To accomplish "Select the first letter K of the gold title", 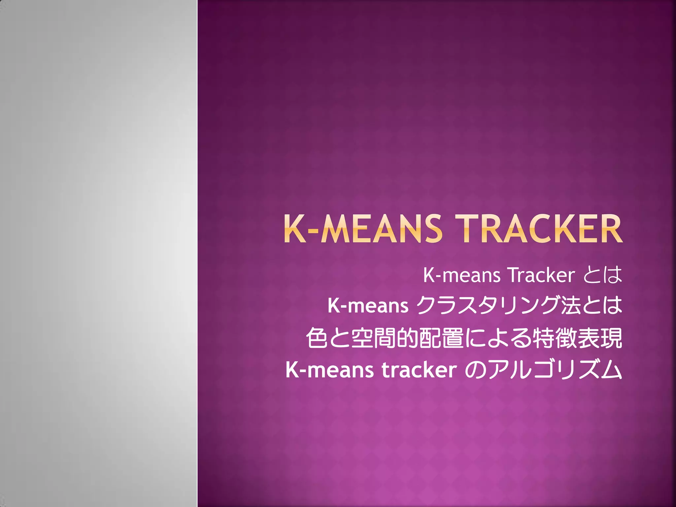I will tap(295, 229).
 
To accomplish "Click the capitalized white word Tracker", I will tap(541, 275).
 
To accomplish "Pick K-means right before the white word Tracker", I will tap(461, 275).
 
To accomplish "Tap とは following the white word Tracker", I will tap(603, 275).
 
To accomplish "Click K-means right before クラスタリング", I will tap(368, 306).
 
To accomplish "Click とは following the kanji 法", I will tap(602, 306).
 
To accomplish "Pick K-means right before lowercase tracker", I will tap(329, 370).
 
